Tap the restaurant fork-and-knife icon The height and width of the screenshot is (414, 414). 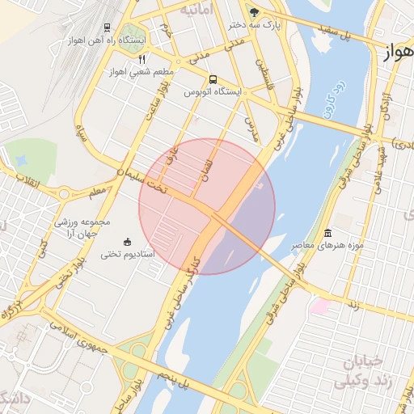point(142,58)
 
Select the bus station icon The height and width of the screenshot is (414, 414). point(213,79)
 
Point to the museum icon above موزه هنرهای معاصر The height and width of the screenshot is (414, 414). point(327,233)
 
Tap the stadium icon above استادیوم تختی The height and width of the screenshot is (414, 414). point(126,242)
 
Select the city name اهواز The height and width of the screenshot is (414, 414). point(397,53)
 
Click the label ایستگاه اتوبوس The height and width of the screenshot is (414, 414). point(213,92)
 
